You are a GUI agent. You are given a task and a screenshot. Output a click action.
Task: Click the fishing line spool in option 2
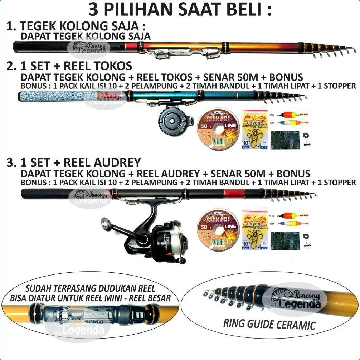pos(218,127)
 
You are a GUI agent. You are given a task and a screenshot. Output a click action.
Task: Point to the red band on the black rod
pos(234,194)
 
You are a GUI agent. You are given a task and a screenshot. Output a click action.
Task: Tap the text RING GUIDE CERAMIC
pos(269,324)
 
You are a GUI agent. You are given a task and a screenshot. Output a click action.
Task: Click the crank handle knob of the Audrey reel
pos(105,223)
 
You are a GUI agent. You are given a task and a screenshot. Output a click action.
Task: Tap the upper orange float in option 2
pos(292,115)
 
